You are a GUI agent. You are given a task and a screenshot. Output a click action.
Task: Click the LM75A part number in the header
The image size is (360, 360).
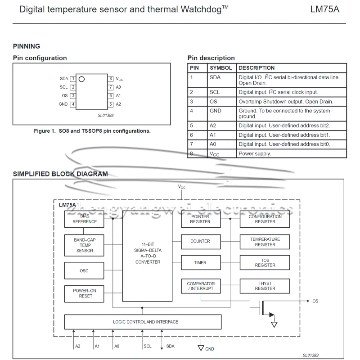(x=324, y=9)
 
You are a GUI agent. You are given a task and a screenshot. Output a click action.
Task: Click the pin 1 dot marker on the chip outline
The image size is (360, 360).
(x=81, y=79)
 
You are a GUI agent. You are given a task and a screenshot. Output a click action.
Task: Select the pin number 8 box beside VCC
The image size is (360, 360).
(x=111, y=79)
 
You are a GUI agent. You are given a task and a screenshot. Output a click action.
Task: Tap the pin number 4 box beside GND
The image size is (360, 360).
(x=73, y=104)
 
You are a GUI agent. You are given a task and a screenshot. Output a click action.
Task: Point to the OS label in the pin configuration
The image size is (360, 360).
(x=65, y=96)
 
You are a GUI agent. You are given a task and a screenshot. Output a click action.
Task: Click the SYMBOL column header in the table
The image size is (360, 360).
(x=221, y=68)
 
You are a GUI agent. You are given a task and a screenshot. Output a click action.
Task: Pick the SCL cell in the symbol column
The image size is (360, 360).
(x=215, y=92)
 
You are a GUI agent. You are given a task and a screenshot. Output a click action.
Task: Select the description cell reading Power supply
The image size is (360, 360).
(x=255, y=154)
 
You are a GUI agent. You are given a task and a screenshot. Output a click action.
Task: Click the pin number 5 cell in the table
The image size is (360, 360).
(x=191, y=126)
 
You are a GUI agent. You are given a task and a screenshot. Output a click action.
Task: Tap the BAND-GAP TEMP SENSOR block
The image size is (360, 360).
(x=85, y=245)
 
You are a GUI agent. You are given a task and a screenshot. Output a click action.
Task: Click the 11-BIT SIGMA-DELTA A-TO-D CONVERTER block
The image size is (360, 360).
(x=148, y=256)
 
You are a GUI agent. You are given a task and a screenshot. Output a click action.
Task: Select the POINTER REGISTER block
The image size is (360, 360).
(x=200, y=219)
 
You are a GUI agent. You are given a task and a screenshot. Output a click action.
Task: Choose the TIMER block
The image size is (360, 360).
(x=200, y=262)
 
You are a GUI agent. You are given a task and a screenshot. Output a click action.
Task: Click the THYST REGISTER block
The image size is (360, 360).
(x=265, y=286)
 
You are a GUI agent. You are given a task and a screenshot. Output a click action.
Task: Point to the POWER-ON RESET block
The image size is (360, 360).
(x=85, y=293)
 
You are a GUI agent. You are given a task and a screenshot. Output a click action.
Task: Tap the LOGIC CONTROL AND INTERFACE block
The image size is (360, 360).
(x=143, y=322)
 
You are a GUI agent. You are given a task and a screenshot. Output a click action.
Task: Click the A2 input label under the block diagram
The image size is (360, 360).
(x=78, y=346)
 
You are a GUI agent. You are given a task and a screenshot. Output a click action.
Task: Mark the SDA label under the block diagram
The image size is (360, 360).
(x=170, y=346)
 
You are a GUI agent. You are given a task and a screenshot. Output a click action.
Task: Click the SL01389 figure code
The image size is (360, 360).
(x=310, y=355)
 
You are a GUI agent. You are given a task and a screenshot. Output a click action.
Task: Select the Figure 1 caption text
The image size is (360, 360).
(x=92, y=131)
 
